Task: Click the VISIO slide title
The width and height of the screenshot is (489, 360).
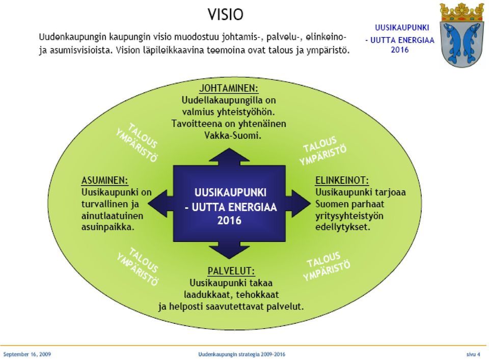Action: [226, 14]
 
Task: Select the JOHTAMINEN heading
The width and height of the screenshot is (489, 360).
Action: [229, 88]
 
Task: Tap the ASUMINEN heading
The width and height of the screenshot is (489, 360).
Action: [105, 180]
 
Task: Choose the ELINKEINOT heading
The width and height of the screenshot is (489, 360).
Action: [342, 180]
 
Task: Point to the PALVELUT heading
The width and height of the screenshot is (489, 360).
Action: [231, 271]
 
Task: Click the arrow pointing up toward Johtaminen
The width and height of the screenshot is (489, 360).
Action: [229, 157]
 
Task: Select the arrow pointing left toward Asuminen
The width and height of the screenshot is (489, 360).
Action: [160, 204]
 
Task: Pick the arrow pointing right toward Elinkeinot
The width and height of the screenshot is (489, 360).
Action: [298, 204]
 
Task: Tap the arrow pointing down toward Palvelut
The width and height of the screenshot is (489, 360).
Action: [229, 250]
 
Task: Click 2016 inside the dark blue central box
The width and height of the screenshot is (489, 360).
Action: [229, 220]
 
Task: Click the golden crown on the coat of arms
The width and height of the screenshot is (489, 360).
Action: [462, 12]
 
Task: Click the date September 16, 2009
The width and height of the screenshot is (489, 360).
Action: [27, 354]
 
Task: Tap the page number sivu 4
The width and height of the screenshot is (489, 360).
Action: [473, 354]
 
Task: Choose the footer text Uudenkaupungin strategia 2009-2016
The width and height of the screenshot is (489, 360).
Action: [241, 354]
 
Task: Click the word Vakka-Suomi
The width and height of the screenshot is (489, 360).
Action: [233, 135]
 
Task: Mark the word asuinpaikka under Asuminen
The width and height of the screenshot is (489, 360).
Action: [108, 227]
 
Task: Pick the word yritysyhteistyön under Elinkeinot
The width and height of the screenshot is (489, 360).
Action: [349, 216]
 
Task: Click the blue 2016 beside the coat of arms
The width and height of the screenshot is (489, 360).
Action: [399, 49]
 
